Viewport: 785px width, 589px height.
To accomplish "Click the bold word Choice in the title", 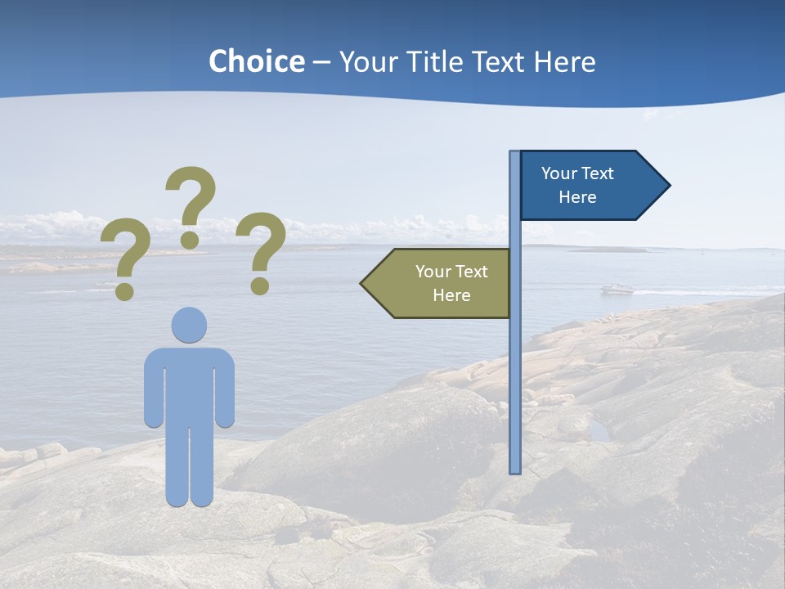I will pos(257,61).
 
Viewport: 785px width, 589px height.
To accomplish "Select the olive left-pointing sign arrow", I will pos(437,283).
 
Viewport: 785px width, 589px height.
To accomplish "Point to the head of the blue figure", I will pos(189,325).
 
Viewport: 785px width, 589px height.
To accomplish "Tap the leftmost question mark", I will pos(125,254).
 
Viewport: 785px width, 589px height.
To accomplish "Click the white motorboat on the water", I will pos(617,289).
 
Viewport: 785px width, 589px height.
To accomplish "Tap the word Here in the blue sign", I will pos(577,197).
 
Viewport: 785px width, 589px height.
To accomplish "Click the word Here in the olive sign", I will pos(451,295).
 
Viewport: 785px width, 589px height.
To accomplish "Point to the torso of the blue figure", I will pos(189,384).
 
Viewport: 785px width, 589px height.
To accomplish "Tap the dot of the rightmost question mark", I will pos(259,286).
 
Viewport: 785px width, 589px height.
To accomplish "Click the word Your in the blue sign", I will pos(559,173).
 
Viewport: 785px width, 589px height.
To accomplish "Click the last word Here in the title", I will pos(565,61).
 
